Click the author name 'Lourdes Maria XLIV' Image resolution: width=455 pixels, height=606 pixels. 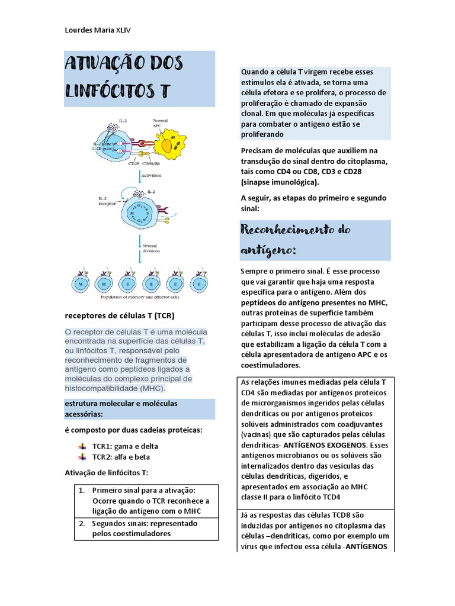pos(102,30)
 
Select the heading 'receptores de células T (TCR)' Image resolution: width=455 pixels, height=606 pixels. pos(119,315)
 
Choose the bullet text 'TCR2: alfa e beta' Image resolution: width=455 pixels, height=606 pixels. pos(121,457)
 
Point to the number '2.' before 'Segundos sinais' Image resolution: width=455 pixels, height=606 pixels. pos(82,524)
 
